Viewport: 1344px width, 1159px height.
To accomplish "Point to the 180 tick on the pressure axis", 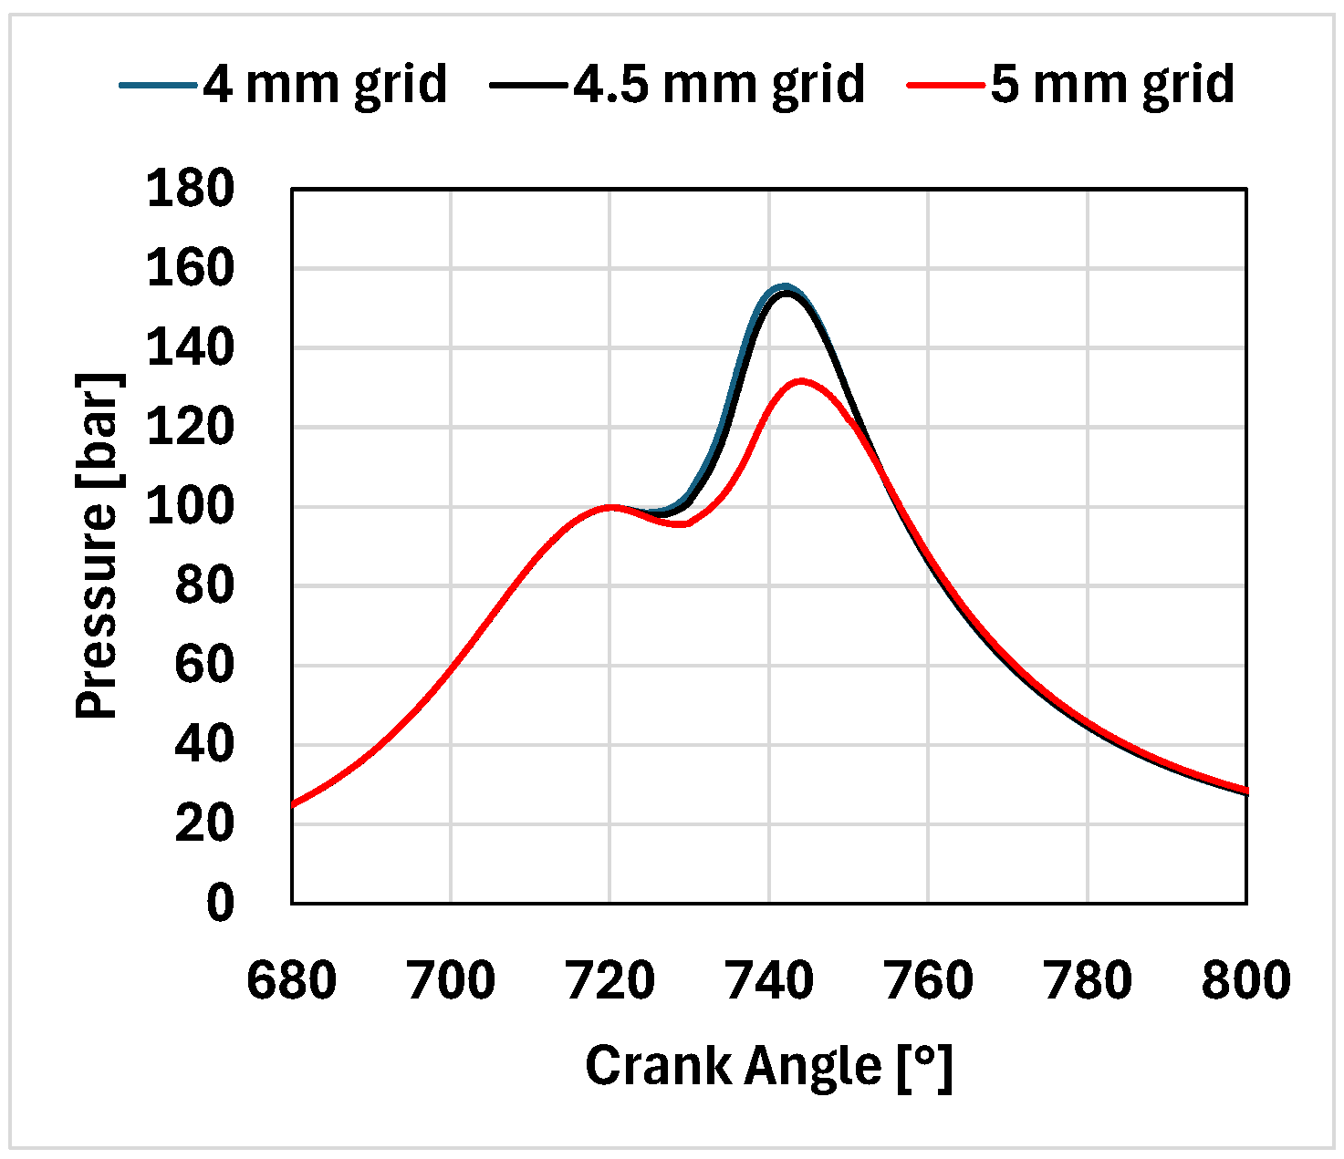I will tap(191, 190).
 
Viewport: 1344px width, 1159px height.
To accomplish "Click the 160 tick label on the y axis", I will tap(191, 269).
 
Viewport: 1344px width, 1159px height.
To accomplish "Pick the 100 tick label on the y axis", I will tap(191, 507).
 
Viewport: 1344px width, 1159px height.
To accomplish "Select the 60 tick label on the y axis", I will tap(204, 666).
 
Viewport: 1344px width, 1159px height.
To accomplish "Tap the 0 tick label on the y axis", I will tap(220, 904).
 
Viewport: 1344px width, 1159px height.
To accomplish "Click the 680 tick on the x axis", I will tap(292, 981).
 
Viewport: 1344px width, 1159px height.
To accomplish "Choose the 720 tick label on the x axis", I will tap(610, 981).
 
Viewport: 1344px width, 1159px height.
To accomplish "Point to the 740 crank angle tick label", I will tap(769, 981).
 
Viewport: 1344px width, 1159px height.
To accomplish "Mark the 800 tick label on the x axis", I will tap(1245, 981).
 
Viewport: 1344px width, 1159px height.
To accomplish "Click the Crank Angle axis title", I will tap(769, 1065).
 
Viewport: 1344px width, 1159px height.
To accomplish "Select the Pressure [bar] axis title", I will tap(98, 545).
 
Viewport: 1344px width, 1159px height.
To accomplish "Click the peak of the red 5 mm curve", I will tap(801, 381).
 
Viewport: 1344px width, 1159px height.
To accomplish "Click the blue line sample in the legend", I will tap(158, 85).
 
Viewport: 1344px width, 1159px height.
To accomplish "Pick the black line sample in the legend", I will tap(528, 85).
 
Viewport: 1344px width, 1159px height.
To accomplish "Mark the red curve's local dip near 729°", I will tap(682, 524).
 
